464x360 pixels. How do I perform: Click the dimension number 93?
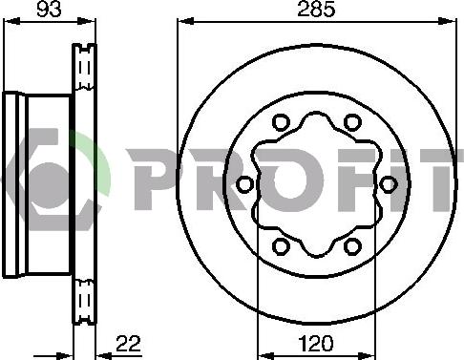point(49,9)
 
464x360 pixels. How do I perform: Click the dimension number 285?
point(316,9)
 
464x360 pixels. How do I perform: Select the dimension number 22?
point(128,344)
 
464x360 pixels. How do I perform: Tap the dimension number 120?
point(316,344)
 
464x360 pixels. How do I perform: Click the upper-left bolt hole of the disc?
point(281,122)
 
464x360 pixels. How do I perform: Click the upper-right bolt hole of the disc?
point(352,122)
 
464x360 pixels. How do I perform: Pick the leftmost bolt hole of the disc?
point(245,184)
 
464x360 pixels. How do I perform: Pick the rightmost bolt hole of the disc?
point(389,184)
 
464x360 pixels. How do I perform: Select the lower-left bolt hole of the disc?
point(281,246)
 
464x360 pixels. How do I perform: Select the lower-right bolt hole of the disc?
point(352,246)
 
